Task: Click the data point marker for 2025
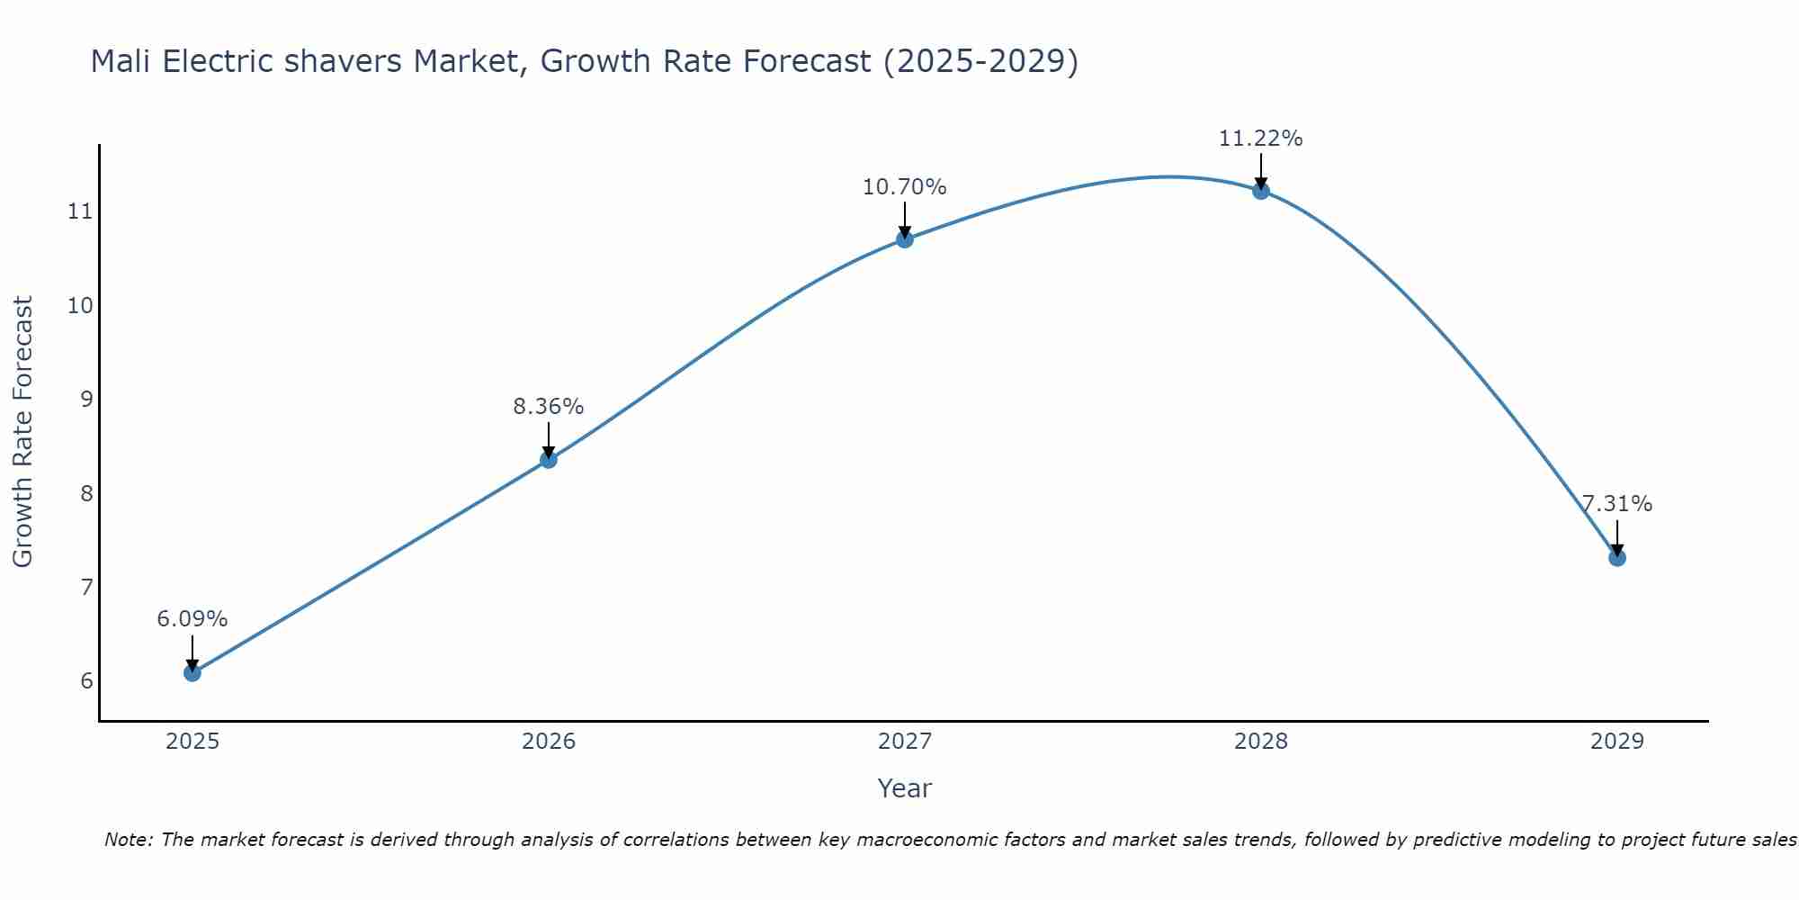[x=192, y=672]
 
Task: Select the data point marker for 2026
[x=549, y=460]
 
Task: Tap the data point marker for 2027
[x=905, y=239]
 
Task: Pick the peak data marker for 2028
[x=1261, y=191]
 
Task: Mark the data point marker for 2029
[x=1617, y=558]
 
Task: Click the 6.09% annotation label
[x=192, y=619]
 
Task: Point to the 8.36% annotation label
[x=549, y=407]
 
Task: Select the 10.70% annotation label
[x=905, y=187]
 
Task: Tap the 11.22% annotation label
[x=1261, y=139]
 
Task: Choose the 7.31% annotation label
[x=1617, y=504]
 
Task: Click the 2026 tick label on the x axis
[x=549, y=742]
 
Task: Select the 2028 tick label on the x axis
[x=1261, y=742]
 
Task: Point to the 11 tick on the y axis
[x=80, y=211]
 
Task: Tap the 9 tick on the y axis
[x=86, y=399]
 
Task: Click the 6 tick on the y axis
[x=86, y=680]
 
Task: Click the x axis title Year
[x=905, y=788]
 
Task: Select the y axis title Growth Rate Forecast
[x=23, y=432]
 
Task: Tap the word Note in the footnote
[x=130, y=840]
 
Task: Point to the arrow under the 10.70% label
[x=905, y=220]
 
